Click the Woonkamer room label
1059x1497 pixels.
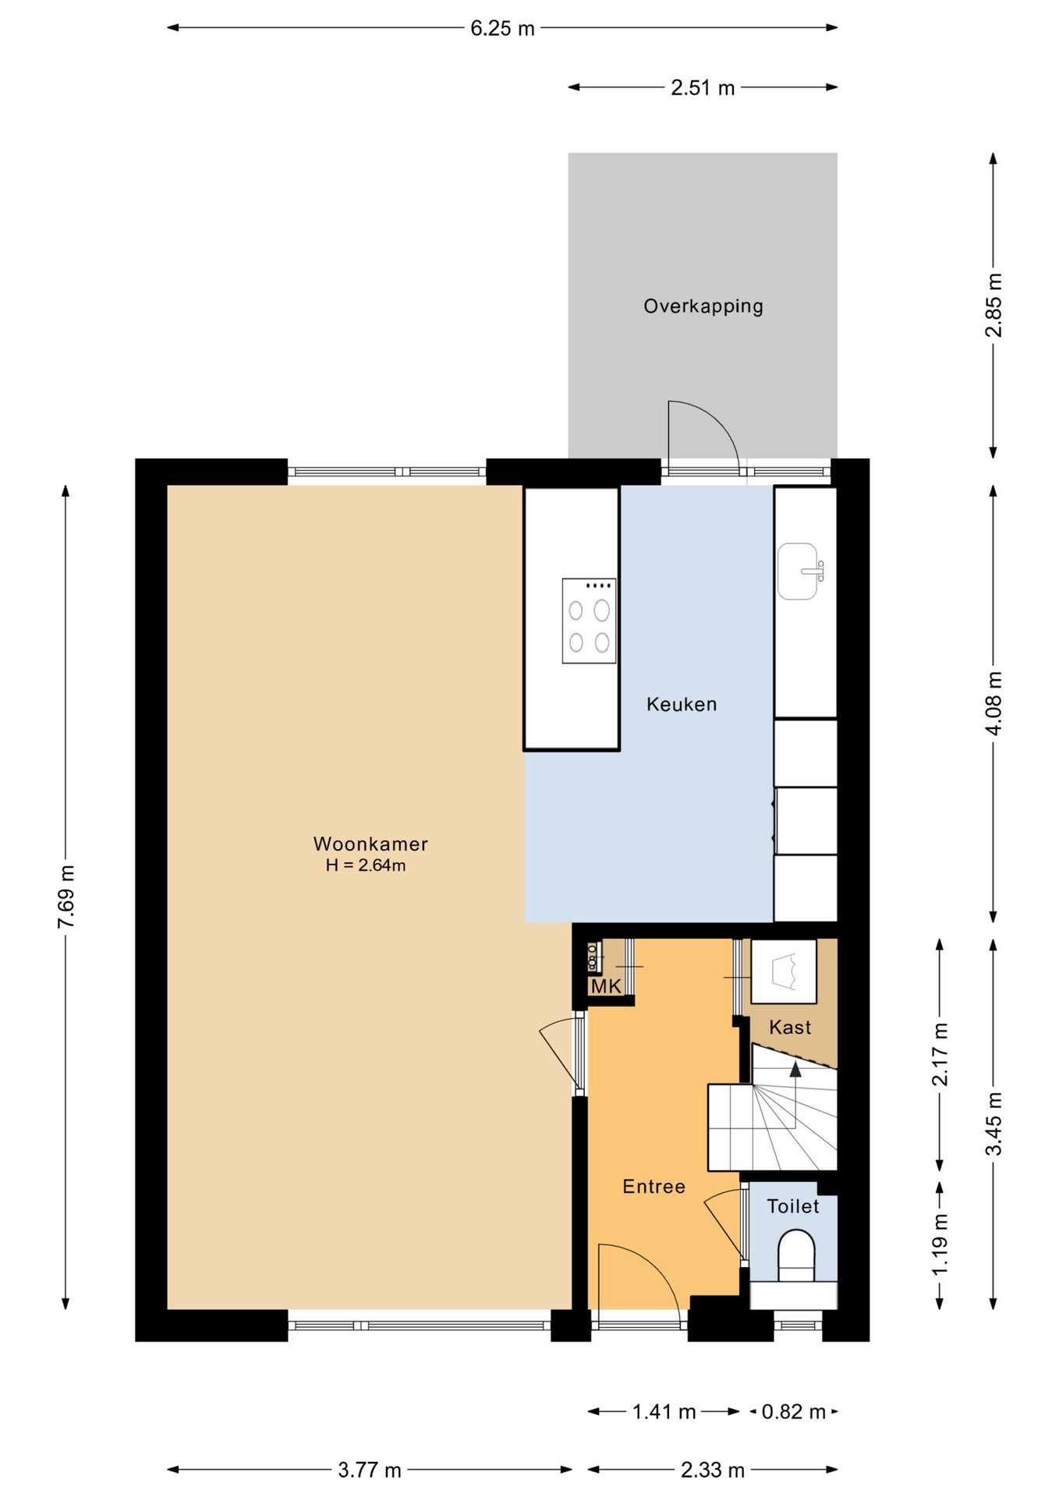[370, 844]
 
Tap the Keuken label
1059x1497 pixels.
[682, 705]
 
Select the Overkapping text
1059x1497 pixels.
[703, 306]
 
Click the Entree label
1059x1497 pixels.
[653, 1187]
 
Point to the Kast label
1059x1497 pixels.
[790, 1028]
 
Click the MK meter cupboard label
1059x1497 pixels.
[606, 986]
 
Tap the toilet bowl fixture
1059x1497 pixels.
[796, 1256]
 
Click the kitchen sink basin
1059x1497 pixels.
[798, 572]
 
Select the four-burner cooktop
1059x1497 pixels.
[589, 621]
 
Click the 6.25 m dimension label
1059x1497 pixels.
[502, 29]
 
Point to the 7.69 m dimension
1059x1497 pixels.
[66, 897]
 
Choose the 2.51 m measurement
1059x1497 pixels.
[703, 88]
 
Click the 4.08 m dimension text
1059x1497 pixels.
[993, 703]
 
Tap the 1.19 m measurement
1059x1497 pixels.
[940, 1245]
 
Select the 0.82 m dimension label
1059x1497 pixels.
[793, 1412]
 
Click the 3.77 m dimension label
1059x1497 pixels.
[370, 1470]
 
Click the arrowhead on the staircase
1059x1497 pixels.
[795, 1068]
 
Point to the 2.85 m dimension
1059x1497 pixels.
[993, 305]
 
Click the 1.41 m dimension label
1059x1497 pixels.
[664, 1412]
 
